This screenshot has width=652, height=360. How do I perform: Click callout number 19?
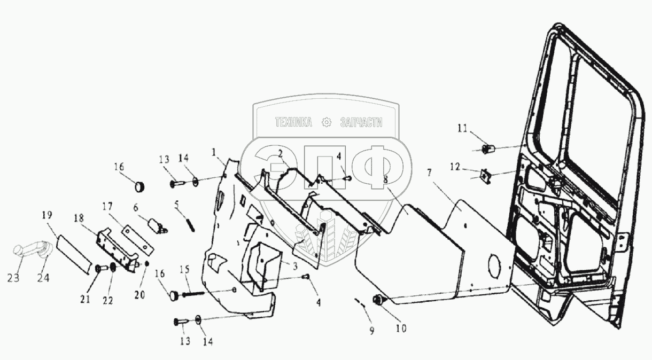(x=47, y=215)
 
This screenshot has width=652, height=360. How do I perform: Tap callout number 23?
(x=13, y=278)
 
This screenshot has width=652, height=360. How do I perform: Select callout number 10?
(x=401, y=328)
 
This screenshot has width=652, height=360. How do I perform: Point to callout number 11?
(x=462, y=128)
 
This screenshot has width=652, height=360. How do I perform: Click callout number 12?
(x=455, y=167)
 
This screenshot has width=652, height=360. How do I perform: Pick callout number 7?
(x=429, y=173)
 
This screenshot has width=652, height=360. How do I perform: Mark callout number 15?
(x=184, y=269)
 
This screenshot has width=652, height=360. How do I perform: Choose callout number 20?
(x=139, y=295)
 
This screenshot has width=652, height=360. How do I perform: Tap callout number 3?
(x=295, y=266)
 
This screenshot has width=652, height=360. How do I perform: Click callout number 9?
(x=372, y=331)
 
